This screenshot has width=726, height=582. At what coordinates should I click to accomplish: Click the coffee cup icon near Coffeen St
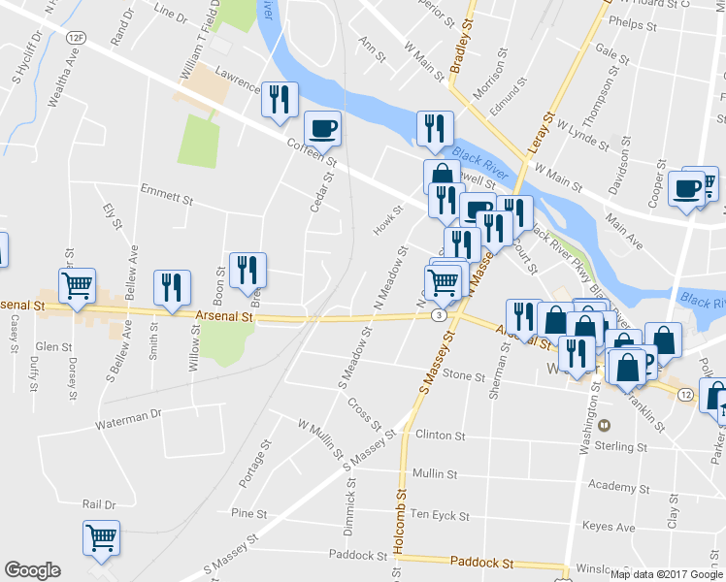[322, 127]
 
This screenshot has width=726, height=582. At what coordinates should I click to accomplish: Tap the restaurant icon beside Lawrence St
[280, 98]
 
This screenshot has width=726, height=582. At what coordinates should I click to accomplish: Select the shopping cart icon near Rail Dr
[101, 537]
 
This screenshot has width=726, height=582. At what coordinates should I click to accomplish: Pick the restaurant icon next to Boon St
[247, 269]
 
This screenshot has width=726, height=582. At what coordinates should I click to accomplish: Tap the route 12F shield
[76, 36]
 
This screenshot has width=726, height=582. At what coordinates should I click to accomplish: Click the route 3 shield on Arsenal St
[441, 314]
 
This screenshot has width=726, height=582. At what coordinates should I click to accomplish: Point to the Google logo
[32, 570]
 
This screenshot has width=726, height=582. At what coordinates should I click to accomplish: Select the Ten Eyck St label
[439, 515]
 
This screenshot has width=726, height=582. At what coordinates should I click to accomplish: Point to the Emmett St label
[166, 194]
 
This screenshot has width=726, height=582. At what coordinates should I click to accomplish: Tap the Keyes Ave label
[609, 528]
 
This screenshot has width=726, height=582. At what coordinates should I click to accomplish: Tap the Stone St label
[463, 374]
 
